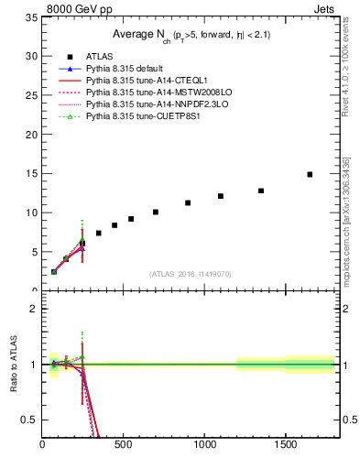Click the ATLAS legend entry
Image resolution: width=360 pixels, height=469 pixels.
99,57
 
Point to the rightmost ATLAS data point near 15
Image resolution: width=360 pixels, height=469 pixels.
310,174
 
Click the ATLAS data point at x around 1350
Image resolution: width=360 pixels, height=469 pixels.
261,191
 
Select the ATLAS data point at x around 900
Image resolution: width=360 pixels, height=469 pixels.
188,202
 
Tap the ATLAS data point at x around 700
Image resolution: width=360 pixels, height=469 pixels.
156,212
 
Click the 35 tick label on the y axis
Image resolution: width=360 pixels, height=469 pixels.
31,17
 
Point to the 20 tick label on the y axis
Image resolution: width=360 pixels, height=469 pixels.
31,135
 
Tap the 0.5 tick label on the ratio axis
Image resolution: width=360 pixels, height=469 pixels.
29,420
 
